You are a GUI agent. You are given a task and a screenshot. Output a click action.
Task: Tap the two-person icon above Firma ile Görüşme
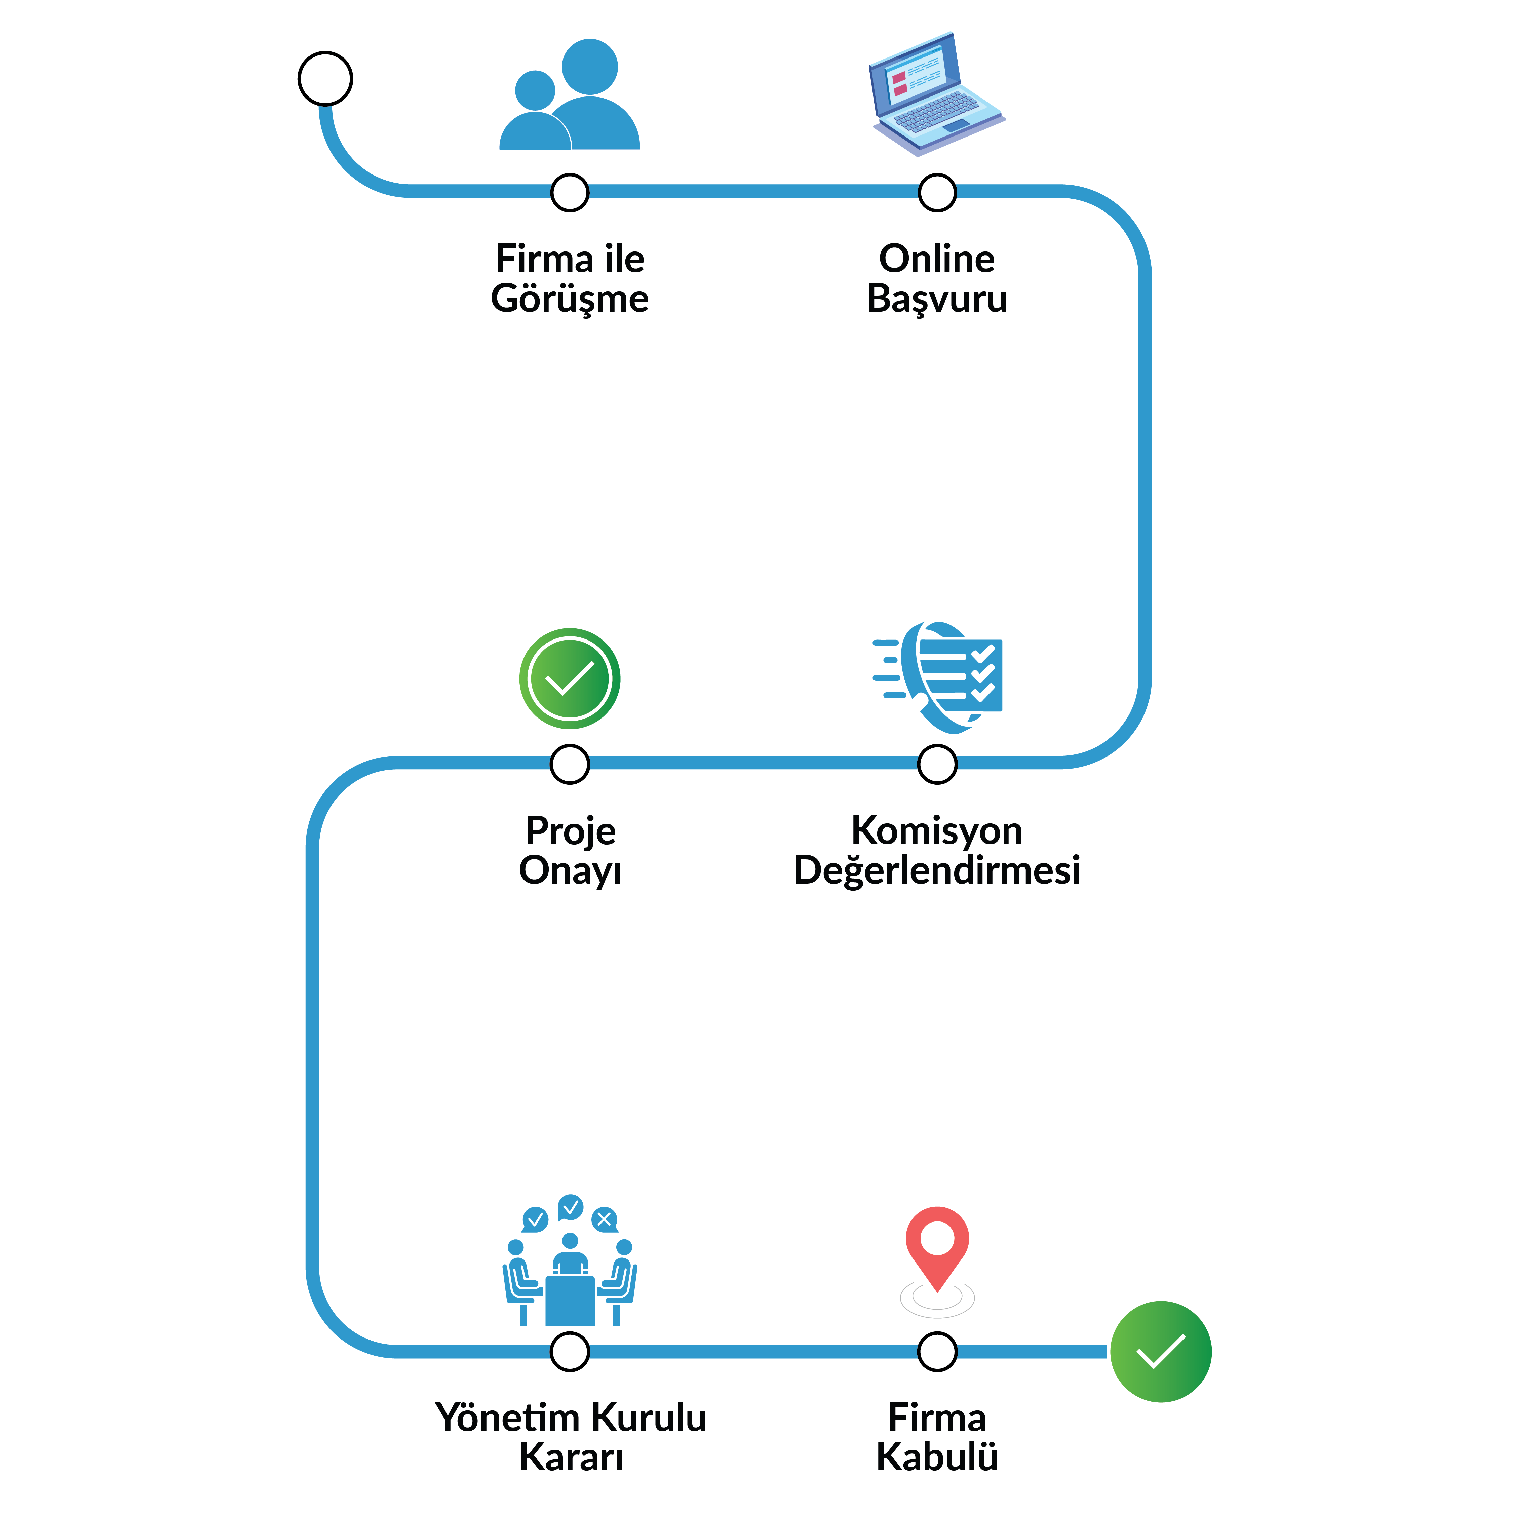569,94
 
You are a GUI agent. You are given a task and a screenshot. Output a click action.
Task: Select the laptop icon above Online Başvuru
937,94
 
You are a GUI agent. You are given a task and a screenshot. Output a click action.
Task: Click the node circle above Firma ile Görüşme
570,193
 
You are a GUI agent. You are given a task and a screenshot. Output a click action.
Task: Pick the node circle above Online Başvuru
937,193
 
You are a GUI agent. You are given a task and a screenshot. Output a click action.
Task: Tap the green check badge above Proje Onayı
570,678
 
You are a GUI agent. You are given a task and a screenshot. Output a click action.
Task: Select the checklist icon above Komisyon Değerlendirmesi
937,677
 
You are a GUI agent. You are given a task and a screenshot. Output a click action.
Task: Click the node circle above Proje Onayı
570,764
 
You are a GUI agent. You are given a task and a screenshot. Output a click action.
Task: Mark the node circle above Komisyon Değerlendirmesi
937,764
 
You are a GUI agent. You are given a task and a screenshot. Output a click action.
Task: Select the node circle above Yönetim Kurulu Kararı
570,1352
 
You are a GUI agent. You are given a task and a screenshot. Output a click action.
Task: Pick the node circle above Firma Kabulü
937,1352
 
